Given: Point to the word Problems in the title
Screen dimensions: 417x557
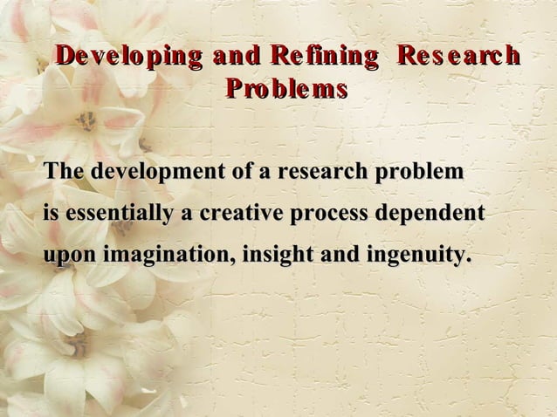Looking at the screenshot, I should pos(286,89).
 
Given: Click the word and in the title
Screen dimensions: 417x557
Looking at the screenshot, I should pos(240,58).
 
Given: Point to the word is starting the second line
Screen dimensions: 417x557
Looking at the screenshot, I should pos(52,214).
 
